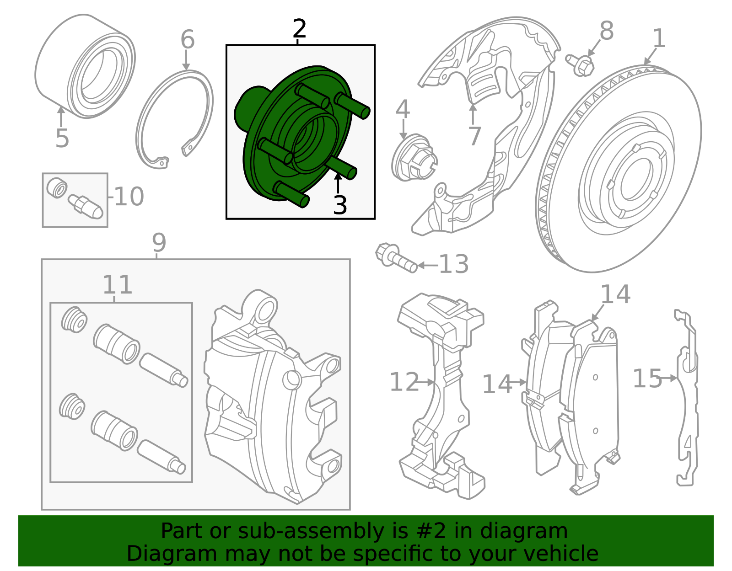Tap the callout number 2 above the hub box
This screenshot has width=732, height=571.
coord(299,29)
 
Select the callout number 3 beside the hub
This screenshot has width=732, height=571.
coord(340,205)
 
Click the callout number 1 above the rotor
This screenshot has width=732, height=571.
coord(659,38)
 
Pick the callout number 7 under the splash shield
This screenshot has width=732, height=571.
coord(474,136)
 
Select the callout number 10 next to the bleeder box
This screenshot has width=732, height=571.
coord(129,197)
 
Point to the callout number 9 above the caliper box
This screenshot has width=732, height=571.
coord(159,243)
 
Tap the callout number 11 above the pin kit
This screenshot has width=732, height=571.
coord(117,285)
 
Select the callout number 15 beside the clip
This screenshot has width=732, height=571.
coord(647,379)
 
